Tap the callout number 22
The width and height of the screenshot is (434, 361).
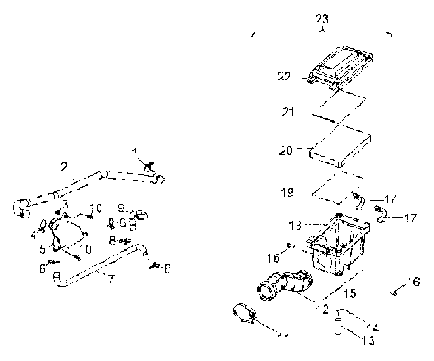(x=285, y=78)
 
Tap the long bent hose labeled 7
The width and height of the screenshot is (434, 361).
(x=99, y=266)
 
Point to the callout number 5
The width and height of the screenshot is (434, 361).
(x=42, y=248)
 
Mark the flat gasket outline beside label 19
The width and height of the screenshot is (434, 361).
(x=329, y=190)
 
